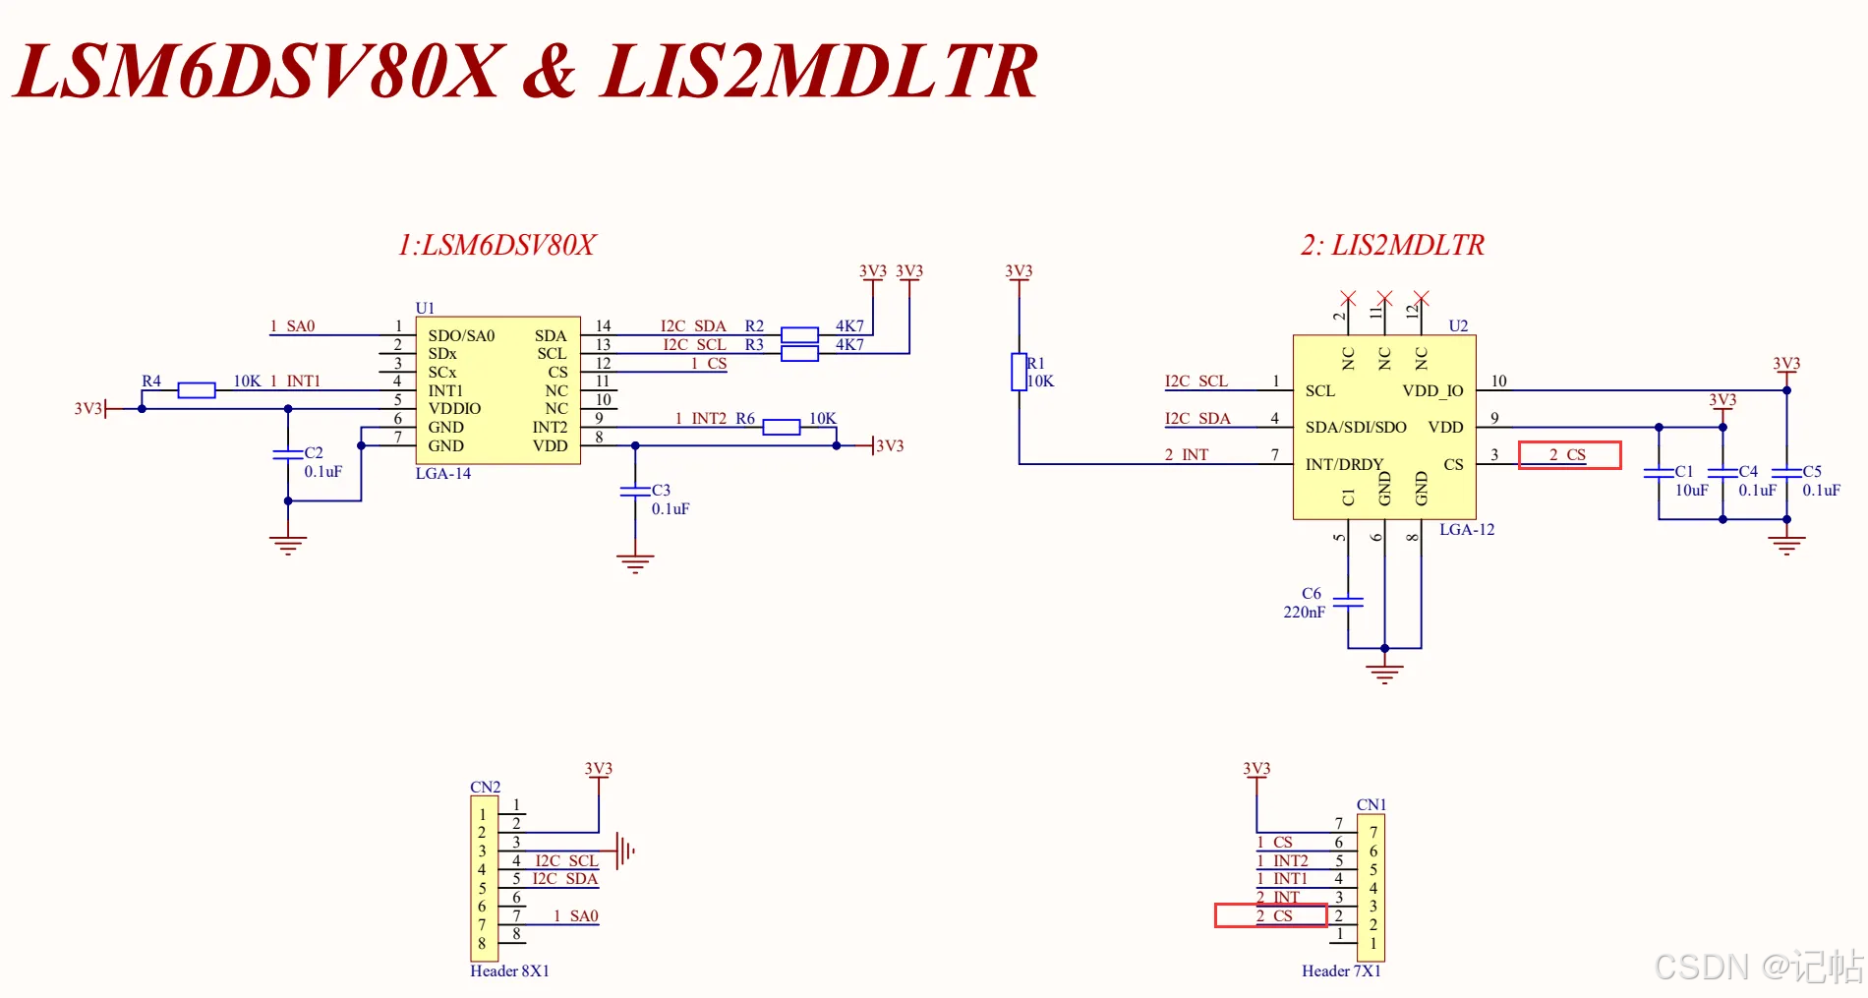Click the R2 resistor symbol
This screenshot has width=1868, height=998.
(x=799, y=334)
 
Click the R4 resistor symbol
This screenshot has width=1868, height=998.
(x=197, y=390)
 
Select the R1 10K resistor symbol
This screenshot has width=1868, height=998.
(x=1019, y=372)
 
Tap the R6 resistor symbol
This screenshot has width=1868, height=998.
(x=782, y=427)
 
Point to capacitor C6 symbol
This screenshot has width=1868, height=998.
(x=1348, y=601)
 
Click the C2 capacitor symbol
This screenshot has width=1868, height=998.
(x=288, y=454)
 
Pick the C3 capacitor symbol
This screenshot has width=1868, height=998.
(x=635, y=491)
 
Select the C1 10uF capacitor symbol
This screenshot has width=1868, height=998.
(x=1659, y=473)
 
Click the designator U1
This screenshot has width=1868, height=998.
(x=425, y=308)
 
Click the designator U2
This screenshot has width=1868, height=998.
(x=1458, y=325)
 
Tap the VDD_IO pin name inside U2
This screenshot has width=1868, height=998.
(x=1432, y=391)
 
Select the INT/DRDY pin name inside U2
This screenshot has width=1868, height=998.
(x=1344, y=464)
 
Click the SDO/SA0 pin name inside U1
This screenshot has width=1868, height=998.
(x=461, y=336)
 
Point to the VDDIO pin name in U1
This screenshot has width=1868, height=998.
(x=454, y=409)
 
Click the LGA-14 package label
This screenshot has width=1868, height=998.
(x=443, y=474)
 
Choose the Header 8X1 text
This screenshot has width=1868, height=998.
(x=509, y=971)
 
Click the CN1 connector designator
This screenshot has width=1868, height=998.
(x=1372, y=805)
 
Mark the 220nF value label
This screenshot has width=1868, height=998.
(x=1304, y=613)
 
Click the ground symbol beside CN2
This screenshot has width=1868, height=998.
(x=625, y=850)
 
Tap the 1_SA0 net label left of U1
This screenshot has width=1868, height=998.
(x=292, y=326)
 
